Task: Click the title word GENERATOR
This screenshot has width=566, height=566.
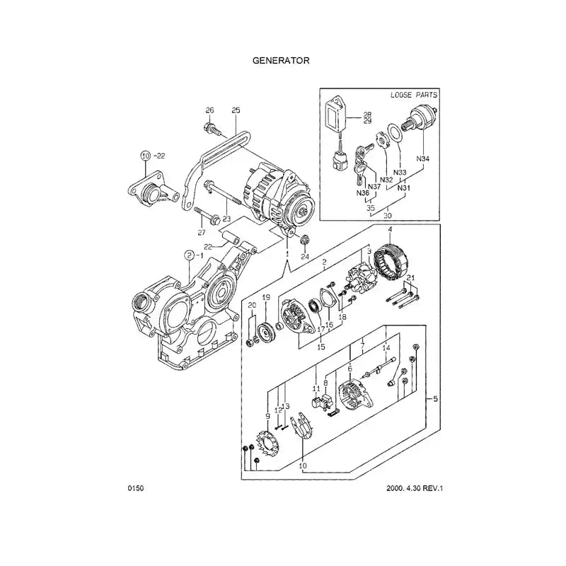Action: coord(282,60)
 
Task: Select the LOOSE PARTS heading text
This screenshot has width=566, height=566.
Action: coord(414,94)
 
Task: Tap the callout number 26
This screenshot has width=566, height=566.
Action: coord(209,110)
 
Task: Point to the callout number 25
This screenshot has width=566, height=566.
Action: coord(236,110)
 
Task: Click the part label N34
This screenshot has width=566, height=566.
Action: coord(422,158)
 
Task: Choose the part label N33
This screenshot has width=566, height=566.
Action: coord(400,172)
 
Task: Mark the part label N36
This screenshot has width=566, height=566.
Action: coord(362,193)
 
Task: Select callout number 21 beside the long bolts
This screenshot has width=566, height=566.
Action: coord(410,277)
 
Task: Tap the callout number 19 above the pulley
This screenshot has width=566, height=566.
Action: coord(267,298)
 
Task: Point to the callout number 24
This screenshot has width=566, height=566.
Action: coord(305,257)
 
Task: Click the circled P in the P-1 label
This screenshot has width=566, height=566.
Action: coord(189,254)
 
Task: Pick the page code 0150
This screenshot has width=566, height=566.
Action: coord(136,488)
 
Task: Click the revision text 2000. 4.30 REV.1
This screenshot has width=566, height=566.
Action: coord(420,488)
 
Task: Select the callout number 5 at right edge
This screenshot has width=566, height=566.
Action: coord(435,400)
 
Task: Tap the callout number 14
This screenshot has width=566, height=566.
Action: coord(386,349)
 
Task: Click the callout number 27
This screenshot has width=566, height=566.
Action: coord(201,232)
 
